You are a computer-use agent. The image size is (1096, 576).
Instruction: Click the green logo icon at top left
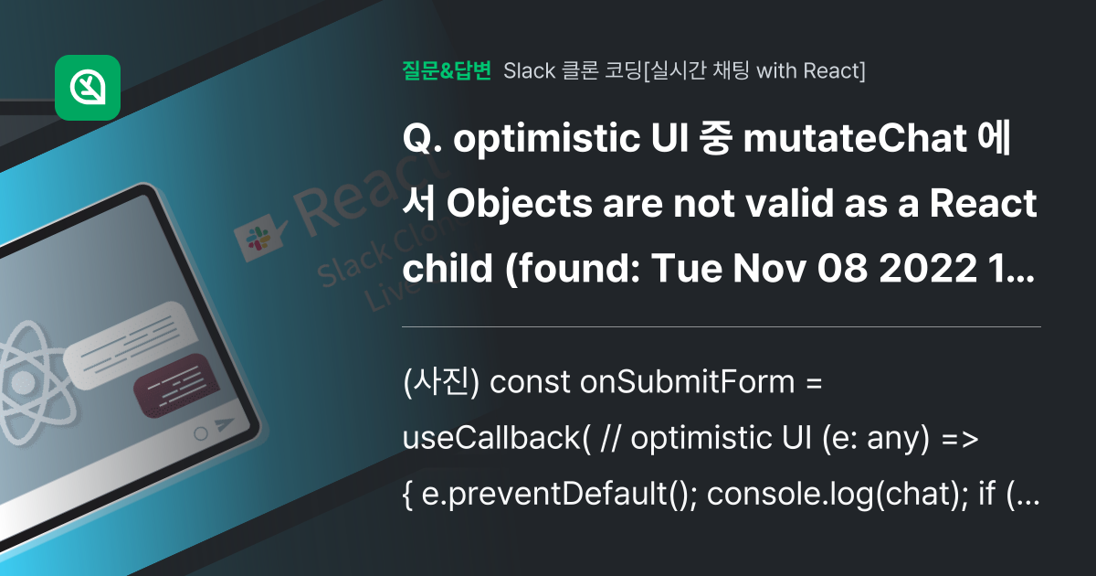pyautogui.click(x=88, y=88)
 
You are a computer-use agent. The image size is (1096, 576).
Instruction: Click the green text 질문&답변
pyautogui.click(x=447, y=70)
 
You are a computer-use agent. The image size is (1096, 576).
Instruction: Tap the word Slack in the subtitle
pyautogui.click(x=530, y=70)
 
